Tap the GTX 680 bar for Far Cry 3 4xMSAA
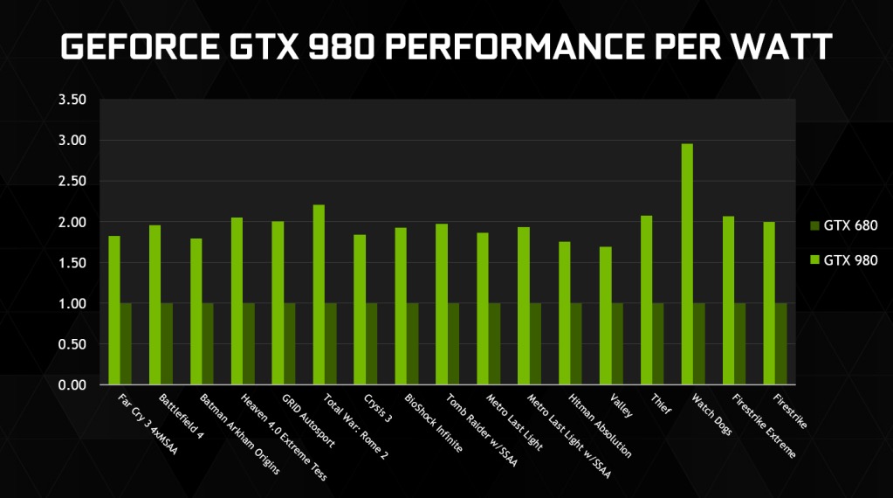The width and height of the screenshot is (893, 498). coord(126,343)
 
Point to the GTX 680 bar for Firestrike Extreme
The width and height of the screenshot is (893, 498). coord(740,343)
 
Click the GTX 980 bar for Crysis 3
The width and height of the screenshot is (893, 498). coord(360,309)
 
